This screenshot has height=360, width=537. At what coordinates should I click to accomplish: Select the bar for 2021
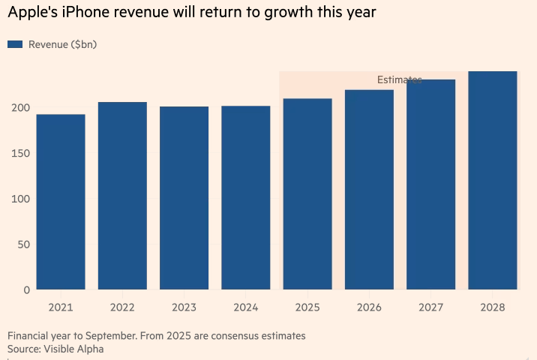(x=61, y=202)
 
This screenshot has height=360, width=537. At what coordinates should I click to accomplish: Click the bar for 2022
(x=122, y=196)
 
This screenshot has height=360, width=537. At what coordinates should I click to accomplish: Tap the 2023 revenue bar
(x=184, y=198)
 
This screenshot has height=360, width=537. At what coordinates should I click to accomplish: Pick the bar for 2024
(x=245, y=198)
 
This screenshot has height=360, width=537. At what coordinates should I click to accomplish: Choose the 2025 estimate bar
(x=307, y=194)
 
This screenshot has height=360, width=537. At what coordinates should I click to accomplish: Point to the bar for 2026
(x=369, y=190)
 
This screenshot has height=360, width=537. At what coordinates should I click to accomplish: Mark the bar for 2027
(x=430, y=184)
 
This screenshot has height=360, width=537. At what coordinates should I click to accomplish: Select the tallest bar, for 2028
(x=493, y=180)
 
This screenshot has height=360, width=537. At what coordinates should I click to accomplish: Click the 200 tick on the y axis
(x=20, y=108)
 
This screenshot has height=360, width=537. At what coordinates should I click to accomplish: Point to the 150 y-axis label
(x=20, y=154)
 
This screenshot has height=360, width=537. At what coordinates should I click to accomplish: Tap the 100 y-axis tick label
(x=20, y=199)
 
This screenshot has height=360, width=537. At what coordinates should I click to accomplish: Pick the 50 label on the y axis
(x=23, y=244)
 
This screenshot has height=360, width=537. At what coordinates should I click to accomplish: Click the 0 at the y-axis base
(x=26, y=289)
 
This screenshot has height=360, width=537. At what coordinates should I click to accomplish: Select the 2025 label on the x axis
(x=307, y=307)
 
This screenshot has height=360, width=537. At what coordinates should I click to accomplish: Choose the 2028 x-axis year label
(x=493, y=307)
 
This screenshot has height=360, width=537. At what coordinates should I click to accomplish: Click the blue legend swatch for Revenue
(x=15, y=44)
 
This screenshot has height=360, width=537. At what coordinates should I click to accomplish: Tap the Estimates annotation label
(x=399, y=79)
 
